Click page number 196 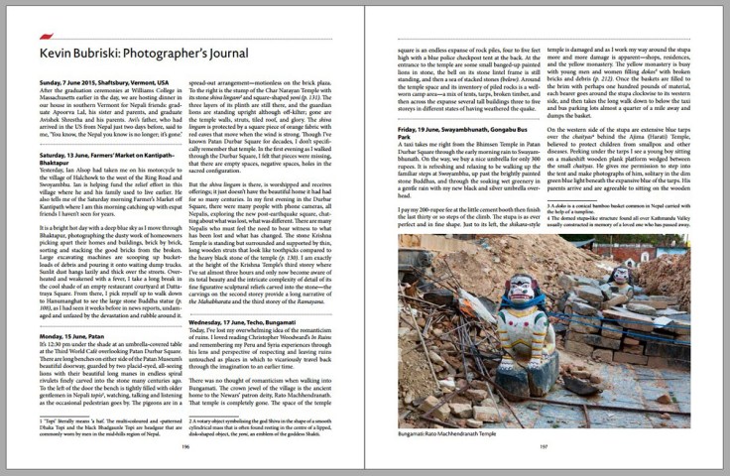[x=184, y=447]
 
